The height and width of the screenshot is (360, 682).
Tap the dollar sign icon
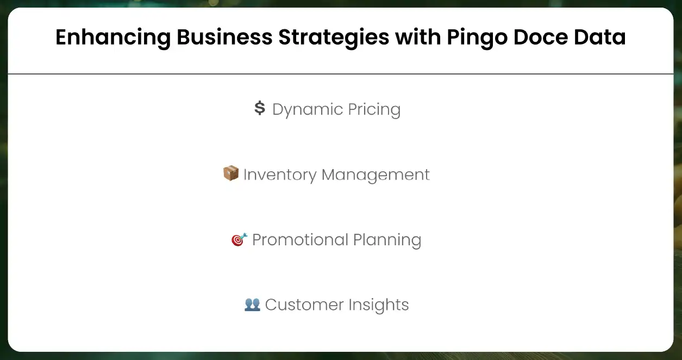[260, 109]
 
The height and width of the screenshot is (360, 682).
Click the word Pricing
[373, 110]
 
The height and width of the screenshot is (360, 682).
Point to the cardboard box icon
[231, 174]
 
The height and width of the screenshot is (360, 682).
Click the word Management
[376, 175]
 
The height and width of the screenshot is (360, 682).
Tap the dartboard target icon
[239, 239]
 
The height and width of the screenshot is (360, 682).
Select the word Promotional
[300, 240]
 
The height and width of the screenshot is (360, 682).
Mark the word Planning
[387, 240]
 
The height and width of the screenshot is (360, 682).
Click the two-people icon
[252, 305]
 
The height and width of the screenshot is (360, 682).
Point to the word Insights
[373, 305]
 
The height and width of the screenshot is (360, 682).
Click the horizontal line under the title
[341, 74]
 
